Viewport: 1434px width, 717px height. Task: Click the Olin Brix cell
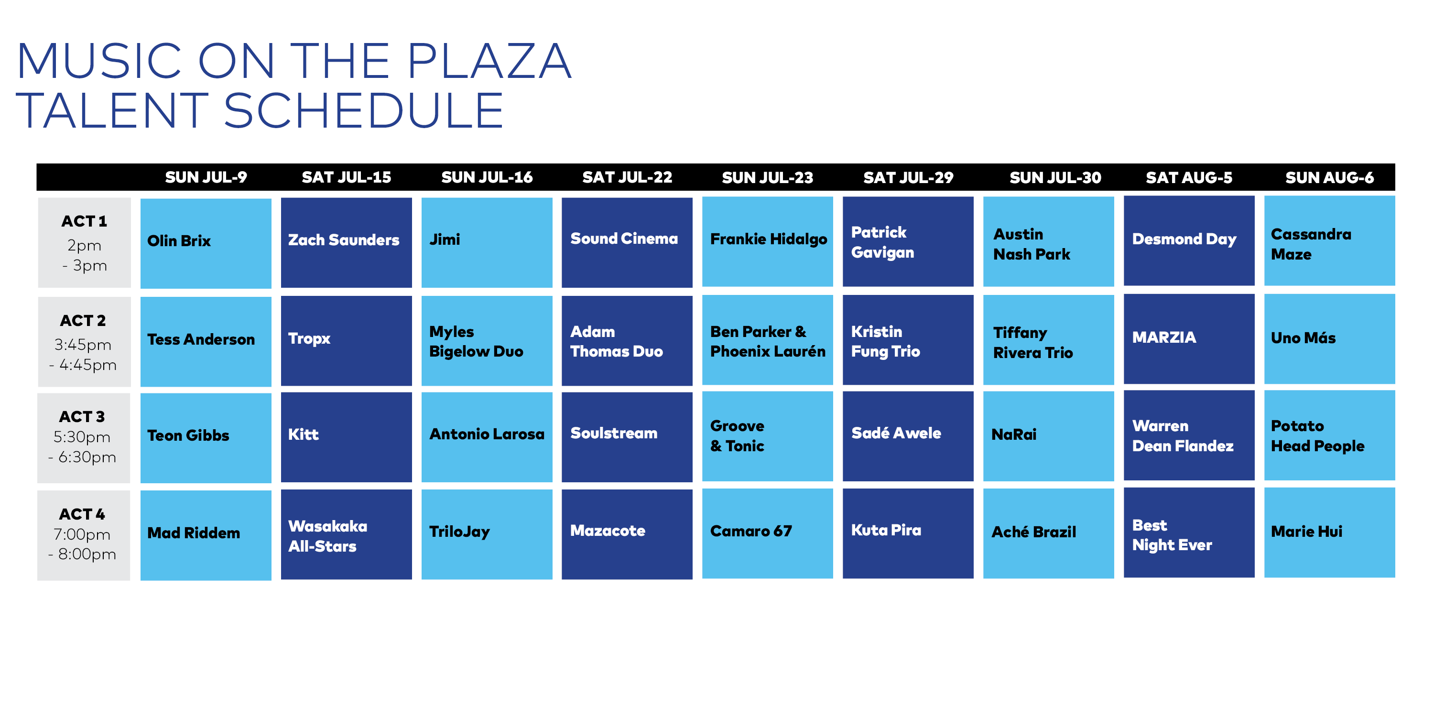click(x=206, y=243)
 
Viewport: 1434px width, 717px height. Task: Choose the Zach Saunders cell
click(x=346, y=243)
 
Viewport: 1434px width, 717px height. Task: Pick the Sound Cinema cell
click(x=627, y=242)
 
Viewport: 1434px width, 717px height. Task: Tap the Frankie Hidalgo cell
click(x=768, y=241)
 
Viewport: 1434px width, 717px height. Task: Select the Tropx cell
click(x=346, y=340)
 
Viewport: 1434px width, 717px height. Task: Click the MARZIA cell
click(x=1189, y=338)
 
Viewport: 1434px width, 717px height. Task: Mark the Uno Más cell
click(x=1329, y=338)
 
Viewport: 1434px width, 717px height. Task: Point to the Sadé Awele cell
click(x=908, y=436)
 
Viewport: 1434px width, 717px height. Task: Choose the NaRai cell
click(x=1049, y=436)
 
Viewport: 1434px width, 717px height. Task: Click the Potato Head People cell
click(x=1329, y=435)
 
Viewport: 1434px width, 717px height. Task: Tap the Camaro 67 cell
click(x=768, y=533)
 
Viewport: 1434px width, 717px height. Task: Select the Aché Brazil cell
click(x=1049, y=533)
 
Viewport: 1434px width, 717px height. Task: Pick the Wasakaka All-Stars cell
click(x=346, y=534)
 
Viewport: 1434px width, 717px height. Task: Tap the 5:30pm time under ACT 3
click(x=82, y=437)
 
